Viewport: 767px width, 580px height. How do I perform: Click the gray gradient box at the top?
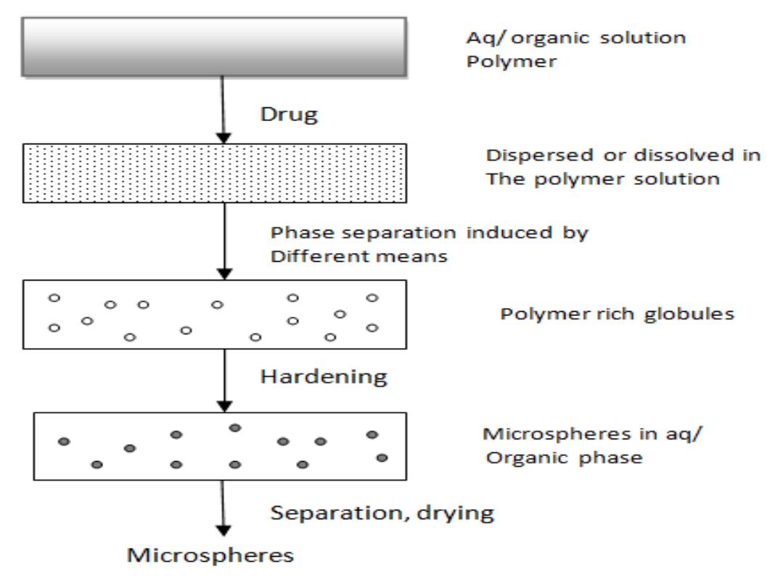215,45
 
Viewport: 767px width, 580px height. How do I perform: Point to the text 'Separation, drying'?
382,514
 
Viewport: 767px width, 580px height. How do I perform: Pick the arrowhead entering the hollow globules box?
226,273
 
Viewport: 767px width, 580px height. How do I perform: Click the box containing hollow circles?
215,316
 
